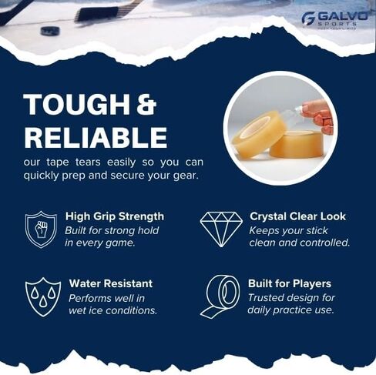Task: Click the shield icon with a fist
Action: [x=41, y=229]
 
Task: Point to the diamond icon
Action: [x=221, y=229]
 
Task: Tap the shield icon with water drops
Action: [x=42, y=296]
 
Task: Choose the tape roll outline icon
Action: [x=221, y=296]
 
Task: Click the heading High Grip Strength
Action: [x=114, y=216]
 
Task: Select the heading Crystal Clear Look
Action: [x=297, y=216]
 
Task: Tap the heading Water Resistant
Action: [x=110, y=283]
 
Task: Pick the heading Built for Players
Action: [x=290, y=283]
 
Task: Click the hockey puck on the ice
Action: [x=50, y=31]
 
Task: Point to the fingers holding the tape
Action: [x=317, y=114]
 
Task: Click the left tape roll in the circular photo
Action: [x=260, y=133]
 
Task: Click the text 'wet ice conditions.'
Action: [x=112, y=310]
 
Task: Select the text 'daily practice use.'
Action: [x=290, y=310]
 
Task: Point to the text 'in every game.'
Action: [x=100, y=243]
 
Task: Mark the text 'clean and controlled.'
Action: [x=299, y=243]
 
